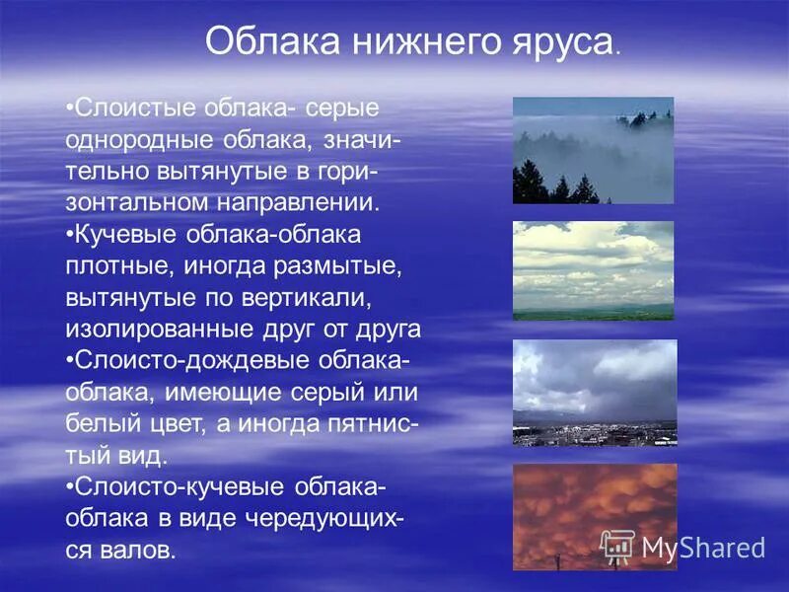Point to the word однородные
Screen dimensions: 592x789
pos(137,138)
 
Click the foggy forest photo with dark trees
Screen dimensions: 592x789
pos(593,150)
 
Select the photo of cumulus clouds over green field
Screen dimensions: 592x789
pos(593,270)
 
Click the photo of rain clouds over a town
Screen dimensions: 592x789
pos(594,393)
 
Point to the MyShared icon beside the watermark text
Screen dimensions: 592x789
pos(618,546)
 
